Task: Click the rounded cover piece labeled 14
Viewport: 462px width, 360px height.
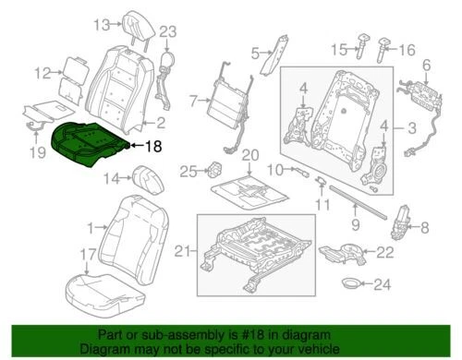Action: [148, 175]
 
